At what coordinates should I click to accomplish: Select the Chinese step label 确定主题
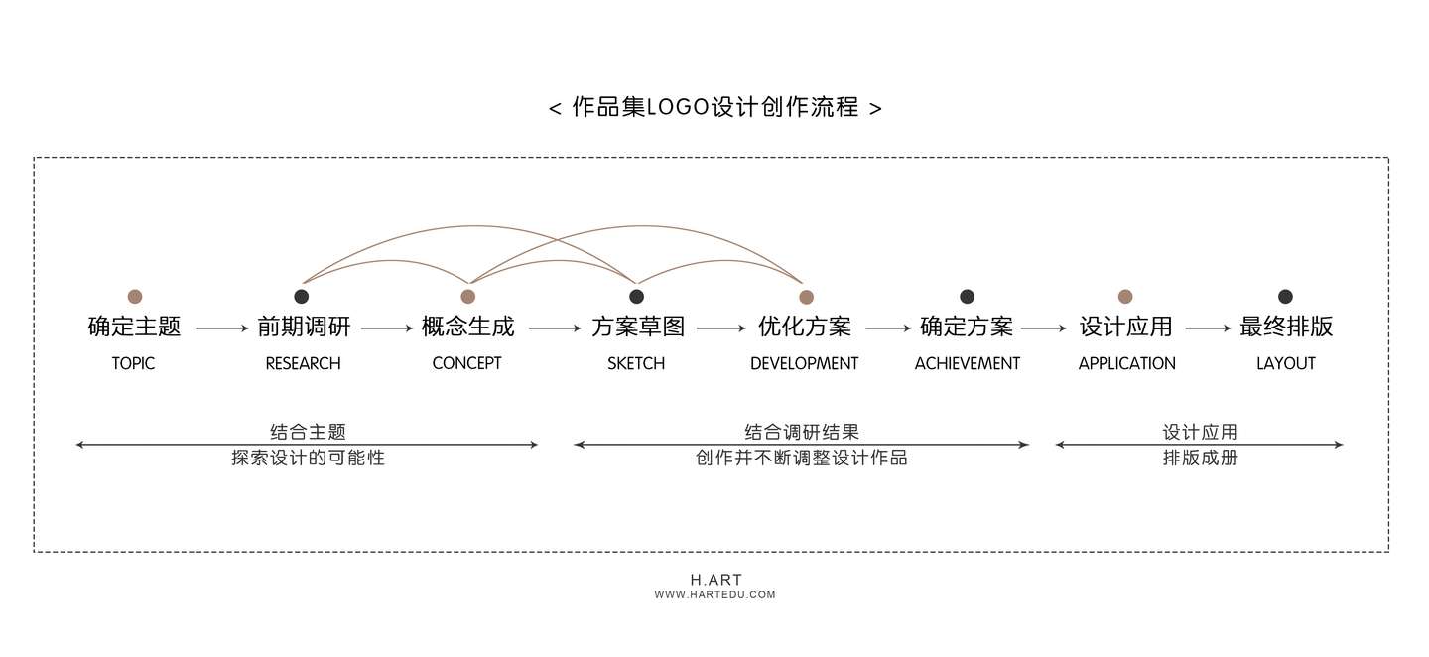pyautogui.click(x=134, y=327)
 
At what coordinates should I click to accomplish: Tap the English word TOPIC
pyautogui.click(x=134, y=363)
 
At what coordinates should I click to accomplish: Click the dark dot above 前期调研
pyautogui.click(x=302, y=296)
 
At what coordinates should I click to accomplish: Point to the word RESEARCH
pyautogui.click(x=303, y=363)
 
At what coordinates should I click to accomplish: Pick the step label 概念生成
pyautogui.click(x=468, y=327)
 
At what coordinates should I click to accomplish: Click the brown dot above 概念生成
pyautogui.click(x=468, y=296)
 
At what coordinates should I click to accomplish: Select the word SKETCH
pyautogui.click(x=636, y=363)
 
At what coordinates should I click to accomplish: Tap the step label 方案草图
pyautogui.click(x=637, y=327)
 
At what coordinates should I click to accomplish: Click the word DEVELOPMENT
pyautogui.click(x=804, y=363)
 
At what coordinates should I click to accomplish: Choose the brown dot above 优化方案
pyautogui.click(x=806, y=296)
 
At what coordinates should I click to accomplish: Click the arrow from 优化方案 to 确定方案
pyautogui.click(x=887, y=328)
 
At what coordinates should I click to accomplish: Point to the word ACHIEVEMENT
pyautogui.click(x=967, y=363)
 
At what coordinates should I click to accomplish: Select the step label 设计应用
pyautogui.click(x=1125, y=327)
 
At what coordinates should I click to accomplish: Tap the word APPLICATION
pyautogui.click(x=1126, y=363)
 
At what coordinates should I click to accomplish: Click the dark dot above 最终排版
pyautogui.click(x=1285, y=296)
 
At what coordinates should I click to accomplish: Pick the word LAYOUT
pyautogui.click(x=1285, y=363)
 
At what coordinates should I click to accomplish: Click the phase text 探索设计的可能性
pyautogui.click(x=308, y=459)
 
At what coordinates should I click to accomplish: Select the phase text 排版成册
pyautogui.click(x=1200, y=459)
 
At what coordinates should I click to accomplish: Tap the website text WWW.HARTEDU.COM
pyautogui.click(x=714, y=595)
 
